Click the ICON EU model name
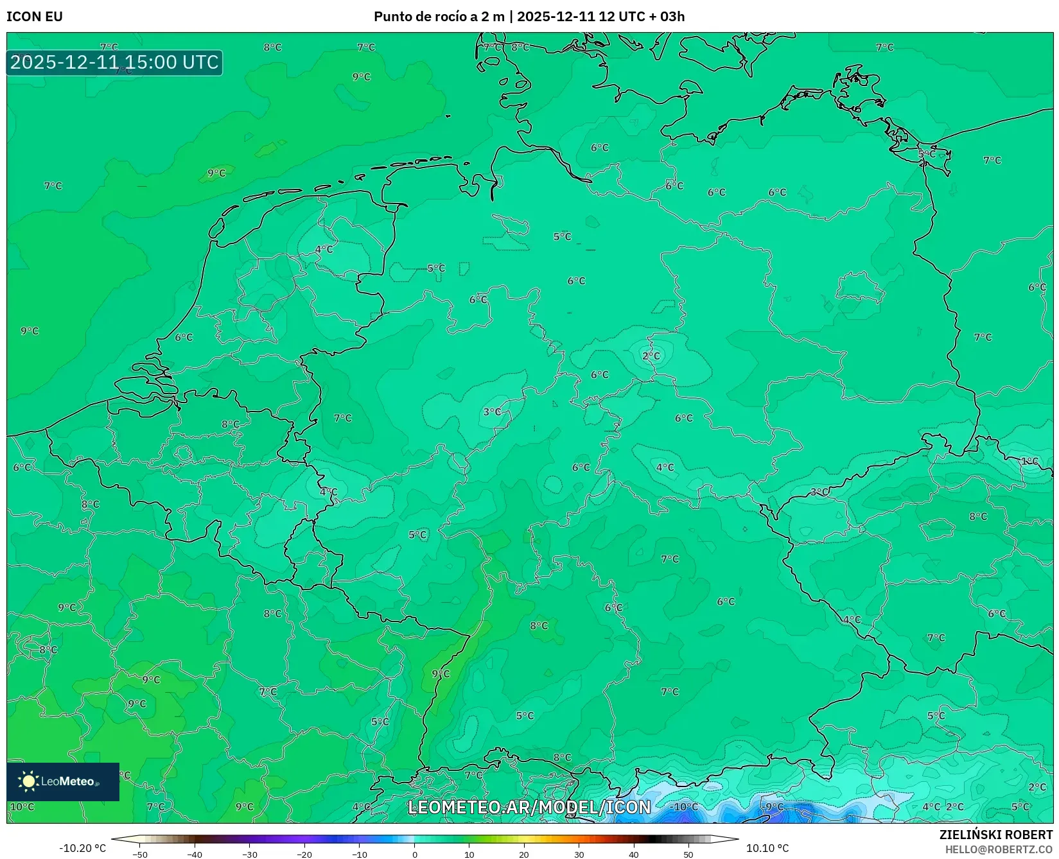pyautogui.click(x=35, y=17)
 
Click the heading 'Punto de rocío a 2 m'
pyautogui.click(x=439, y=17)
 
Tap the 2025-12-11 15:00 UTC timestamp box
pyautogui.click(x=114, y=62)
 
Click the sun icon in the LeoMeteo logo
pyautogui.click(x=28, y=781)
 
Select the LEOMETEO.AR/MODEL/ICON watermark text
pyautogui.click(x=529, y=807)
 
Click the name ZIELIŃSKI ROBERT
pyautogui.click(x=995, y=835)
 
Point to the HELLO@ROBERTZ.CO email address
pyautogui.click(x=999, y=849)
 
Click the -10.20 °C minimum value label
pyautogui.click(x=82, y=848)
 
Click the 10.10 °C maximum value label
pyautogui.click(x=767, y=848)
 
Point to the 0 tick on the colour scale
pyautogui.click(x=415, y=854)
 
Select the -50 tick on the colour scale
pyautogui.click(x=139, y=854)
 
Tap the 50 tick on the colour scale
pyautogui.click(x=688, y=854)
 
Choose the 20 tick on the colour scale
pyautogui.click(x=524, y=854)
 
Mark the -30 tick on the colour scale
pyautogui.click(x=249, y=854)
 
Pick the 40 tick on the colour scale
pyautogui.click(x=634, y=854)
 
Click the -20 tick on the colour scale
pyautogui.click(x=304, y=854)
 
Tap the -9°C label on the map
pyautogui.click(x=773, y=807)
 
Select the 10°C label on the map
pyautogui.click(x=22, y=807)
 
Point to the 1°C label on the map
pyautogui.click(x=1029, y=461)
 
